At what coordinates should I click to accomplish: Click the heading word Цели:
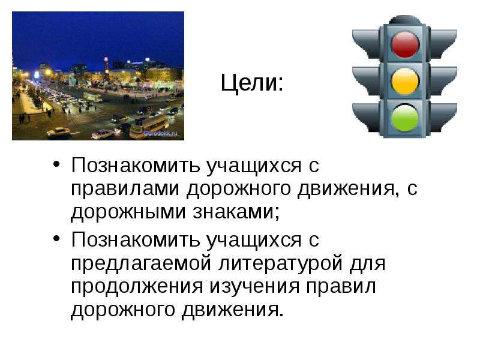252,83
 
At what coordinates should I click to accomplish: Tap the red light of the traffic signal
404,44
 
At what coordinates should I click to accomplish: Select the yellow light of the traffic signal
404,81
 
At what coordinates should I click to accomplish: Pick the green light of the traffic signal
404,118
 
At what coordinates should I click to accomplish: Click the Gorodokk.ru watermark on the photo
160,133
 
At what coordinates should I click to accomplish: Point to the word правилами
125,189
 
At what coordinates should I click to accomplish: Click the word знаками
236,212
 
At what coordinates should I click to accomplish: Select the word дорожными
128,212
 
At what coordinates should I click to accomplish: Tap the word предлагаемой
141,263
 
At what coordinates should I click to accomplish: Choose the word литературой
281,263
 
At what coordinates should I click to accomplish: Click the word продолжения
137,287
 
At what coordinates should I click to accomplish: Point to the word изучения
254,287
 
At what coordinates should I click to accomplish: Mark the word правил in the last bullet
341,287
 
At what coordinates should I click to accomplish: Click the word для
368,263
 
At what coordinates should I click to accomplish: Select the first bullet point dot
56,163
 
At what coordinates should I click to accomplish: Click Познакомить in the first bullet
136,166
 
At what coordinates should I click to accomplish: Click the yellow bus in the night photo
149,126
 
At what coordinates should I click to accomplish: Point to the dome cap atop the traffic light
404,20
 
